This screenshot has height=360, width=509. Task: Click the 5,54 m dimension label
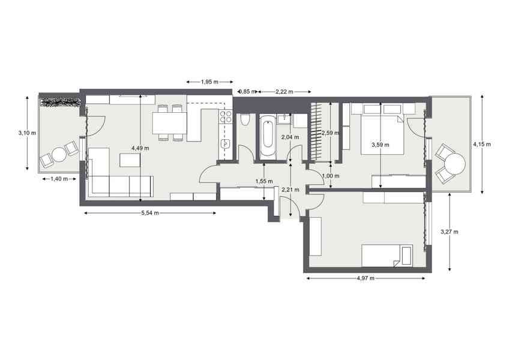150,213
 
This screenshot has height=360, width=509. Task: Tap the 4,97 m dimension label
366,278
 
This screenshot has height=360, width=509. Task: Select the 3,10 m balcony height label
27,133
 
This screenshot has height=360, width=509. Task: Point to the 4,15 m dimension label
482,144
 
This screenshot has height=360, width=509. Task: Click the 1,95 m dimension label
209,82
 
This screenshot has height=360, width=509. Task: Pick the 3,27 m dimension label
450,232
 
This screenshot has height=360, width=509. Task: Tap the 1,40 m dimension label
59,179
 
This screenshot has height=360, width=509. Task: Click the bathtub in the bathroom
268,138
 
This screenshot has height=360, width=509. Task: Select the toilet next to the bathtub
245,120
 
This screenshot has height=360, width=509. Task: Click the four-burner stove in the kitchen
226,117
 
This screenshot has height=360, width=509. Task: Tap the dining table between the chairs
170,123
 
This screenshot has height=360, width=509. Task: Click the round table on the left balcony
59,155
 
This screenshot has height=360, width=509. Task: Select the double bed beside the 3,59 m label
383,135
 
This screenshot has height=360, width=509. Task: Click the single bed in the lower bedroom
387,256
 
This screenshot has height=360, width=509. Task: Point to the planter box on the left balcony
61,102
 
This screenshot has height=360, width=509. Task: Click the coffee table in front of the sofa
130,160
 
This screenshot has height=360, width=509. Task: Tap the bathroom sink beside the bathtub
285,119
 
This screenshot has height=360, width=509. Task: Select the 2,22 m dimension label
285,92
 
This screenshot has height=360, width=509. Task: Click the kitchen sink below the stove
226,143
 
